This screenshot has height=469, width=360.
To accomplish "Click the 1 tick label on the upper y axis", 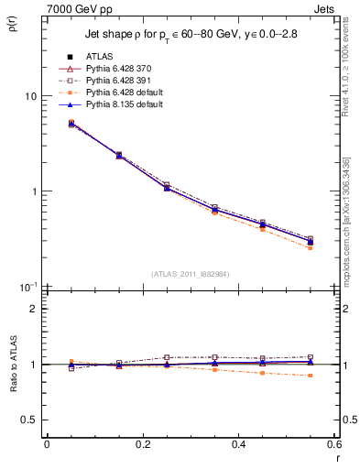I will point(34,191).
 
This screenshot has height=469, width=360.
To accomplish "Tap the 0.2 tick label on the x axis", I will point(142,444).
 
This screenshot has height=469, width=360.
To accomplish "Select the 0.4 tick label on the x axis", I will point(238,444).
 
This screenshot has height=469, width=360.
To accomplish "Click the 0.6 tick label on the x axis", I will point(333,444).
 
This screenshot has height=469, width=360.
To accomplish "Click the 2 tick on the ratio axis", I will point(34,309).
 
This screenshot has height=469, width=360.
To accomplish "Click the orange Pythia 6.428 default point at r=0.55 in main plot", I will point(310,248).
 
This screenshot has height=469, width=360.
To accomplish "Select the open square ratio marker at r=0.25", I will point(166,357).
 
